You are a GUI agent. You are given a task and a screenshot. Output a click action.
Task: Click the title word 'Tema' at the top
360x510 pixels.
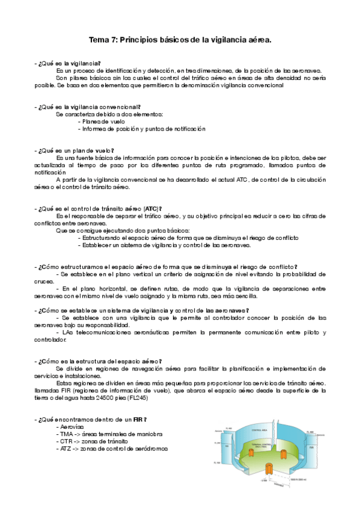98,40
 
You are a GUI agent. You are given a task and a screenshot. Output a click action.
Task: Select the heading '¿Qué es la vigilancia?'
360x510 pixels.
69,63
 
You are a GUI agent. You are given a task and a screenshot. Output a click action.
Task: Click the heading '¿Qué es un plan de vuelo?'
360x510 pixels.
75,150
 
